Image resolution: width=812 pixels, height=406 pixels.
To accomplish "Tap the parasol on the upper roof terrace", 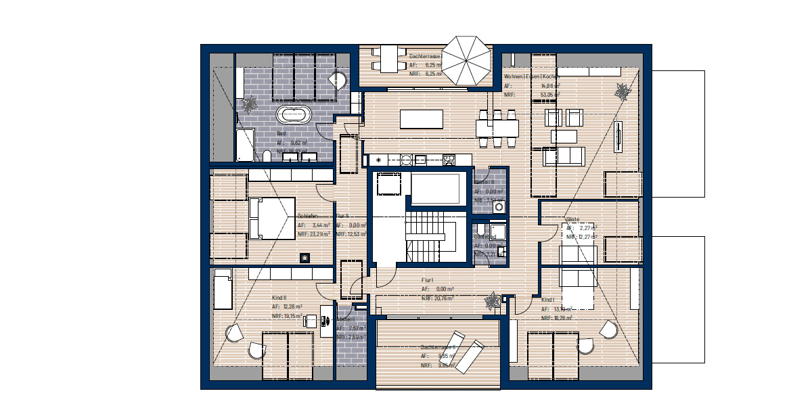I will pos(470,60).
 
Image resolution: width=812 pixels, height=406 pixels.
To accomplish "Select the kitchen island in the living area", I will pos(424,118).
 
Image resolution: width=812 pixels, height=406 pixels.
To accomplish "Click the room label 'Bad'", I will pos(281,134).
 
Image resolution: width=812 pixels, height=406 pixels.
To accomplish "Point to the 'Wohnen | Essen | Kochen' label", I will pos(531,77).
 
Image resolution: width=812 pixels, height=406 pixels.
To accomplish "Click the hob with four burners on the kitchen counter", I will pos(448,160).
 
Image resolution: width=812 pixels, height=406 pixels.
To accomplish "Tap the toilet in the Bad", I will pos(267,157).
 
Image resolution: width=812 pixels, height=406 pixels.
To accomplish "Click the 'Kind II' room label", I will pos(279,298).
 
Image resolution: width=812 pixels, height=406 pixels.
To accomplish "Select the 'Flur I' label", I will pos(427,279).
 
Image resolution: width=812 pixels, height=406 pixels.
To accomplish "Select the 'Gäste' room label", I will pos(572,220).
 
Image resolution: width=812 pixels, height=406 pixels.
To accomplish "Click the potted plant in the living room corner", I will pos(621,89).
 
